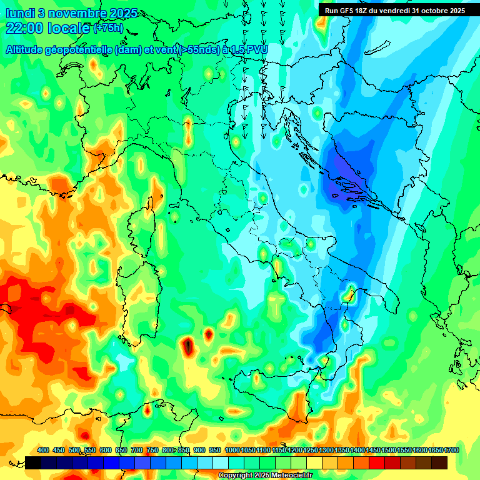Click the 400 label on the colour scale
[x=43, y=450]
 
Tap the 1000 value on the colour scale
[x=232, y=450]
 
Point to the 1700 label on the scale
[x=435, y=450]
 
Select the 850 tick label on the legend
[x=184, y=450]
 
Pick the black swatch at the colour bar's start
[x=33, y=462]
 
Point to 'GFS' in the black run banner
[x=349, y=10]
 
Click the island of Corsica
[x=146, y=215]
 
